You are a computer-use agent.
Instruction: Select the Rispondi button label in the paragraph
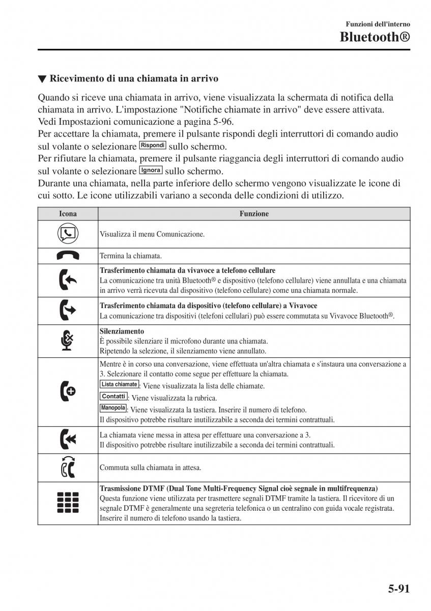tap(153, 145)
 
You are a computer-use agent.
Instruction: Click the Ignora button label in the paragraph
tap(151, 170)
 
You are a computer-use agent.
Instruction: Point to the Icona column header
tap(68, 214)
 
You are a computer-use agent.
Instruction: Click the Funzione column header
tap(254, 214)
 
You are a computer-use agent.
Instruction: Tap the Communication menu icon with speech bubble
tap(68, 234)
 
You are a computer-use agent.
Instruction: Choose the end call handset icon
tap(68, 256)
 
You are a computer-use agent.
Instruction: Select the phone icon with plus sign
tap(68, 392)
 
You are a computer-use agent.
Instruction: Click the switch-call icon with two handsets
tap(68, 466)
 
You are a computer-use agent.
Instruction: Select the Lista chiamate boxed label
tap(119, 384)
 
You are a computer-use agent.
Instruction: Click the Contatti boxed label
tap(113, 397)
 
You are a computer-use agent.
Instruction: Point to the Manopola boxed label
tap(113, 408)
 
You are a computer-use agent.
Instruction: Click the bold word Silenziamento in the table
tap(122, 331)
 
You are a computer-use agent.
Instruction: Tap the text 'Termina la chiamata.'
tap(131, 256)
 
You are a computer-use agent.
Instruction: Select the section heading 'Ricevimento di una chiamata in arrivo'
tap(134, 79)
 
